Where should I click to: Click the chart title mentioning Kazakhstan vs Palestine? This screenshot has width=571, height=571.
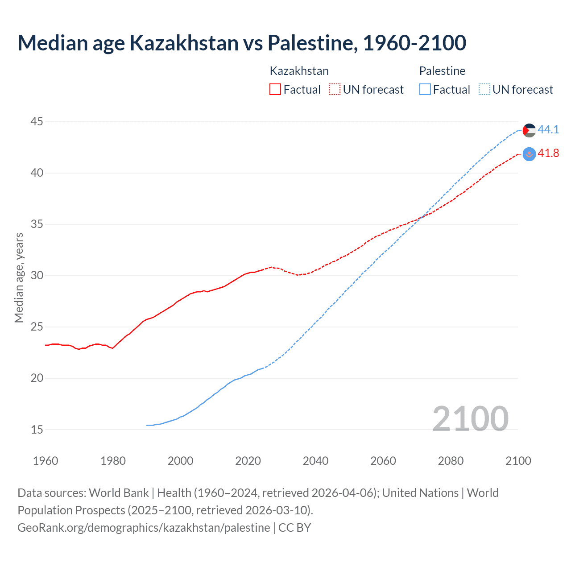coord(242,43)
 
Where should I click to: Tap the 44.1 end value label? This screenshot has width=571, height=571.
coord(548,129)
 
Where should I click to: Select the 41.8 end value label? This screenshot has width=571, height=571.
coord(548,153)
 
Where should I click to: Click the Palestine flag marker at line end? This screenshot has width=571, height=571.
coord(529,130)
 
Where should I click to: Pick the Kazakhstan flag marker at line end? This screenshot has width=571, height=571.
coord(529,154)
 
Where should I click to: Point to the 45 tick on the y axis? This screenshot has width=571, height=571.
coord(37,121)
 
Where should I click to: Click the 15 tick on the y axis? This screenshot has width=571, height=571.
coord(37,430)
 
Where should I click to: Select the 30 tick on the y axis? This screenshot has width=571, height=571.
coord(37,275)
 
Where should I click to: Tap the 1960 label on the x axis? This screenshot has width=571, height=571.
coord(46,461)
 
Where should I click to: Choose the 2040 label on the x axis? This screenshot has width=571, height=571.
coord(315,461)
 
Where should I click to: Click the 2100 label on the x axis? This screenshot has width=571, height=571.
coord(518,461)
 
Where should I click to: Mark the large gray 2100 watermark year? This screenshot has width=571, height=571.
coord(470,418)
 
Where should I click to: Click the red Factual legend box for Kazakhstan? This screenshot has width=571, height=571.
coord(275,89)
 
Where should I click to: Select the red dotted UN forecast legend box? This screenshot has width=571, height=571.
coord(335,89)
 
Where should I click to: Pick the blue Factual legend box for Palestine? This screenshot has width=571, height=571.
coord(425,89)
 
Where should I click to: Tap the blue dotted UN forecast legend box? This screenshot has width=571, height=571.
coord(484,89)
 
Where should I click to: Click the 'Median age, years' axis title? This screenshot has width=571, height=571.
coord(19,277)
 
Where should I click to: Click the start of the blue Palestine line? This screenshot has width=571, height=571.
coord(147,425)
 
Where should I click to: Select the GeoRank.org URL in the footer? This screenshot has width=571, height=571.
coord(144,527)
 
